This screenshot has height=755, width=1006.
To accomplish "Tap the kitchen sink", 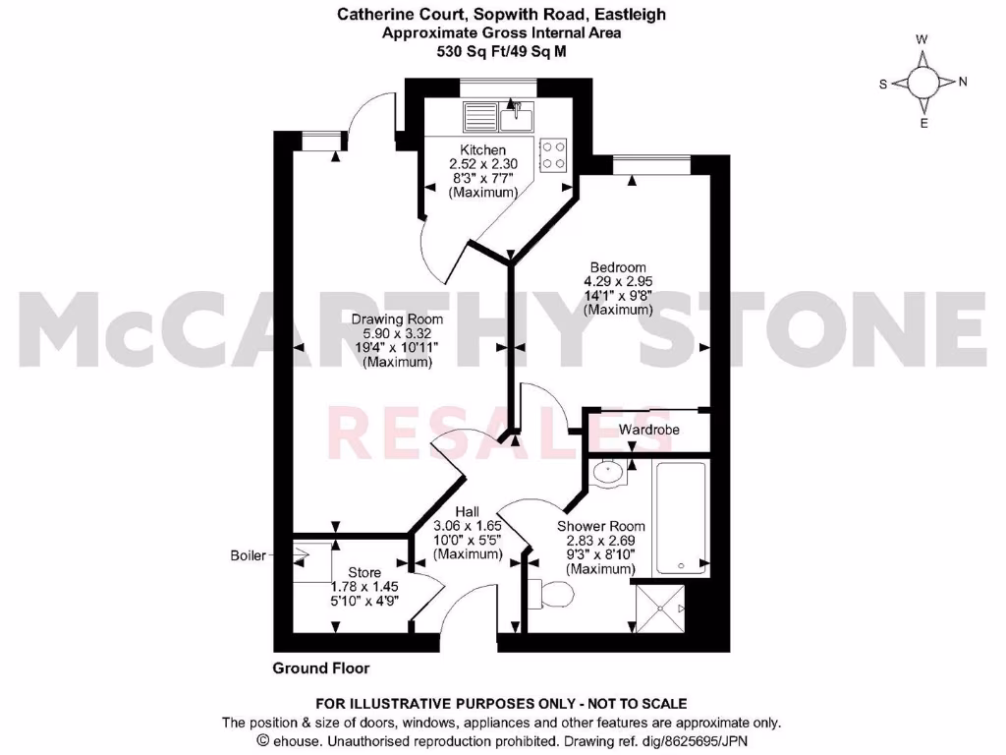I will [516, 118].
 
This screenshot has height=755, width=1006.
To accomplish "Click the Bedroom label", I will [617, 267].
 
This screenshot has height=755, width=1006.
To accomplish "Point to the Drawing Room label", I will [397, 319].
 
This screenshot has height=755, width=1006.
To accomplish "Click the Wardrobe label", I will [648, 430].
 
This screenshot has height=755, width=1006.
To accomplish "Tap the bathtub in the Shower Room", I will [680, 517].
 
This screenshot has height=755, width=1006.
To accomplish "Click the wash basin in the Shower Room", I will [610, 472].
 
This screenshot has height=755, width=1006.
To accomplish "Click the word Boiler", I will [248, 555].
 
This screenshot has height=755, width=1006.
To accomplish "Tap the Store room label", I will [363, 573].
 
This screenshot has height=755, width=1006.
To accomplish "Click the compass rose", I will [922, 81].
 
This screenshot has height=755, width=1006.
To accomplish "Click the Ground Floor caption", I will [321, 668].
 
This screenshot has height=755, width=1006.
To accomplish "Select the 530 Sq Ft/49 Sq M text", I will [501, 51].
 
